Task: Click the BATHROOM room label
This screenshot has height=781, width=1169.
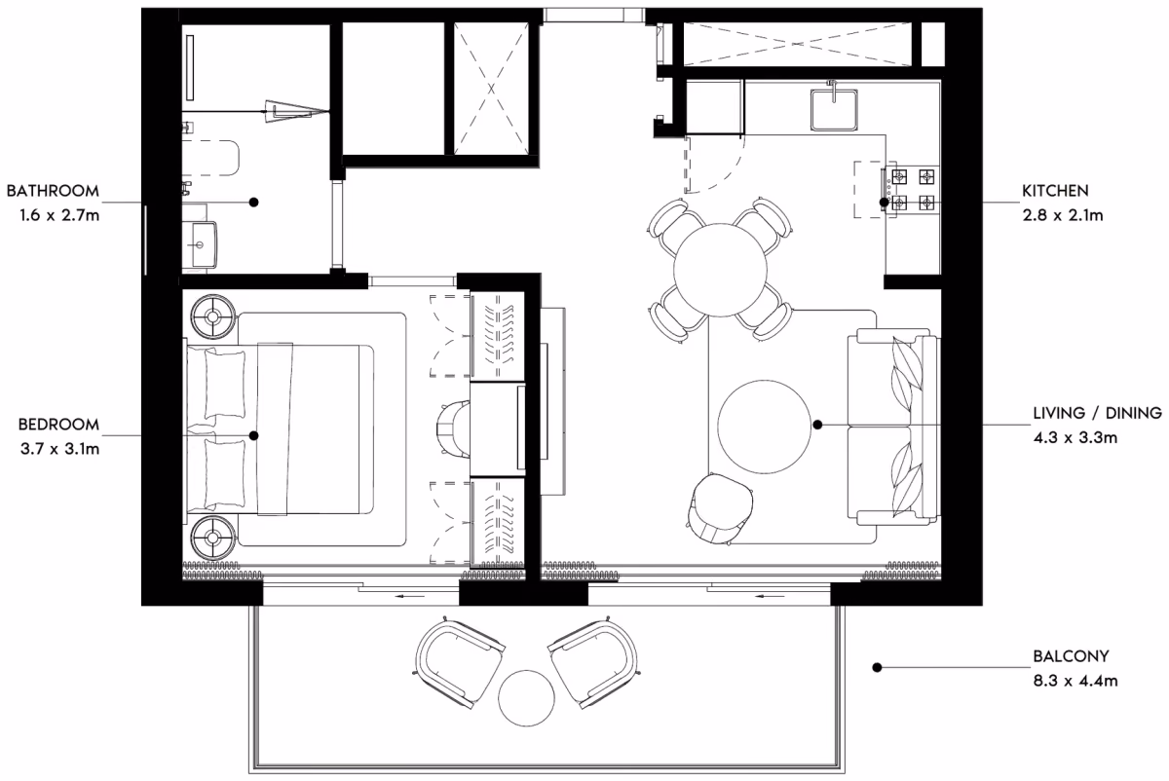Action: click(x=53, y=191)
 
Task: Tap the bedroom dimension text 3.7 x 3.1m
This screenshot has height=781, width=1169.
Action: click(x=59, y=448)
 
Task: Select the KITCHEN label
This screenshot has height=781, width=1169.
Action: click(x=1055, y=191)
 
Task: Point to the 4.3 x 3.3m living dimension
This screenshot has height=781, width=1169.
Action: click(x=1075, y=437)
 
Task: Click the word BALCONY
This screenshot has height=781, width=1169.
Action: click(x=1071, y=655)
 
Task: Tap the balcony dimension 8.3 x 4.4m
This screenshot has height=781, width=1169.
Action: click(x=1075, y=681)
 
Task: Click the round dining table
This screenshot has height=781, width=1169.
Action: click(x=720, y=270)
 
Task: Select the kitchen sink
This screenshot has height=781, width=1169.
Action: click(x=834, y=110)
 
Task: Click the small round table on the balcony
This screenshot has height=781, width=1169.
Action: click(x=526, y=698)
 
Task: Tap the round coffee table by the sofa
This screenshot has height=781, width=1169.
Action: click(x=764, y=427)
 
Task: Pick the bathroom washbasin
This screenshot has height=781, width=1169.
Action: click(x=200, y=244)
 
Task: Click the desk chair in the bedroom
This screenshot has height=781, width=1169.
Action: click(x=452, y=429)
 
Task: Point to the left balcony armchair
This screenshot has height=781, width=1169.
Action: click(x=460, y=661)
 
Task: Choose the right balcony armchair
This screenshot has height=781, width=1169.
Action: click(x=593, y=661)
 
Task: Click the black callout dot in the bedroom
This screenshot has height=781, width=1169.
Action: click(x=253, y=435)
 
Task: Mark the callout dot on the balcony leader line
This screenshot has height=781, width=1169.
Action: click(x=878, y=667)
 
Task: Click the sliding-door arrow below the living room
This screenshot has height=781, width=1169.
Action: click(x=771, y=596)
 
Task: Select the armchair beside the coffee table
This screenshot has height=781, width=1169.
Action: click(x=720, y=508)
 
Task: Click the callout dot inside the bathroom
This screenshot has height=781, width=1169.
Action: click(x=253, y=202)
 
